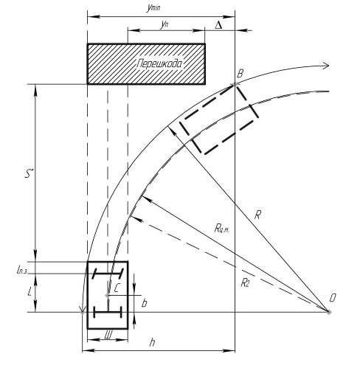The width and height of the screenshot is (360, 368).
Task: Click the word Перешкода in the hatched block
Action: click(159, 63)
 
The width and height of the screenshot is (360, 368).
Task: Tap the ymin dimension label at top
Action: click(153, 7)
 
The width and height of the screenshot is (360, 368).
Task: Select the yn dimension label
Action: click(165, 24)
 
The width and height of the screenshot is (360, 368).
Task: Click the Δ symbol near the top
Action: click(218, 25)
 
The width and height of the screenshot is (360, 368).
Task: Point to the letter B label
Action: click(240, 74)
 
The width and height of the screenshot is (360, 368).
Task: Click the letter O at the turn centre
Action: click(333, 298)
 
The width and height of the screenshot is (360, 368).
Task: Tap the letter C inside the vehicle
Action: click(117, 288)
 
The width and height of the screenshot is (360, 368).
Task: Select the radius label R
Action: click(257, 215)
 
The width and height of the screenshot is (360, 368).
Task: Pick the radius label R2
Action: click(245, 282)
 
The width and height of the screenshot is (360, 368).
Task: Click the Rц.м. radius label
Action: click(222, 229)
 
